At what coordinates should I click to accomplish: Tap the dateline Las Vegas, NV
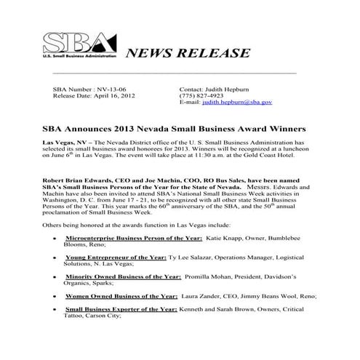(65, 143)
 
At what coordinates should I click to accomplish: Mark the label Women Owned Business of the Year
(122, 297)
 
